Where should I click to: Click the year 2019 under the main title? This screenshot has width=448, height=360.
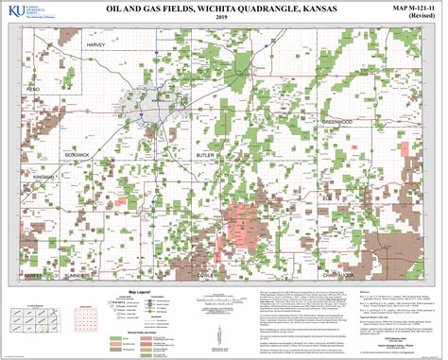coord(222,19)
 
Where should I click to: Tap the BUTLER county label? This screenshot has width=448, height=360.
coord(204,151)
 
